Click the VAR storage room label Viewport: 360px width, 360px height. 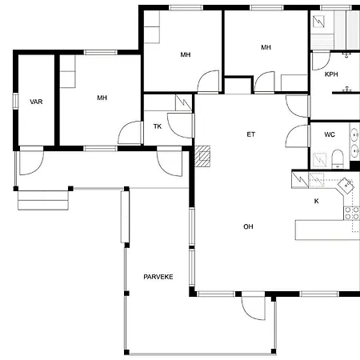pyautogui.click(x=36, y=102)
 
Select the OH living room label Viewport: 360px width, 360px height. pyautogui.click(x=248, y=226)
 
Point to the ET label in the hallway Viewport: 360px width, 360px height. pyautogui.click(x=250, y=134)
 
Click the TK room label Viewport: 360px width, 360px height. pyautogui.click(x=158, y=126)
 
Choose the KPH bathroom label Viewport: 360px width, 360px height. pyautogui.click(x=331, y=74)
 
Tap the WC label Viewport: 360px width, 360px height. pyautogui.click(x=329, y=134)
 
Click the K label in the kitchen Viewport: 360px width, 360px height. pyautogui.click(x=316, y=201)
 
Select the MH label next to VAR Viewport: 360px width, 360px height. pyautogui.click(x=102, y=98)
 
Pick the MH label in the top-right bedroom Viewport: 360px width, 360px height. pyautogui.click(x=266, y=47)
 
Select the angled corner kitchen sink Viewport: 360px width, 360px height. pyautogui.click(x=346, y=186)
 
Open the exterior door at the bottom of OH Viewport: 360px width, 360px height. pyautogui.click(x=252, y=306)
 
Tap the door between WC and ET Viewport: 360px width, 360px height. pyautogui.click(x=298, y=137)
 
